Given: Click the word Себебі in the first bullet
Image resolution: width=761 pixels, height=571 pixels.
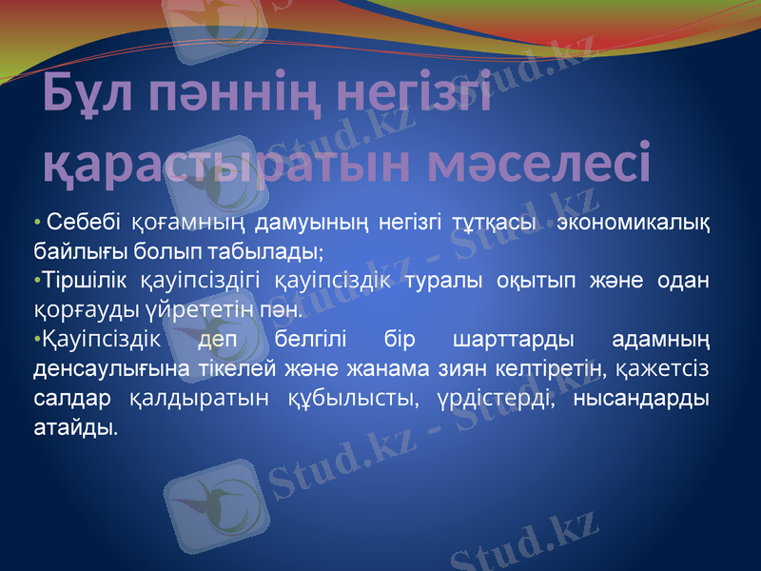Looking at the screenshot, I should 83,225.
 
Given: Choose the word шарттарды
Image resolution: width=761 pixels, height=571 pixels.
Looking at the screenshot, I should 514,340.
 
